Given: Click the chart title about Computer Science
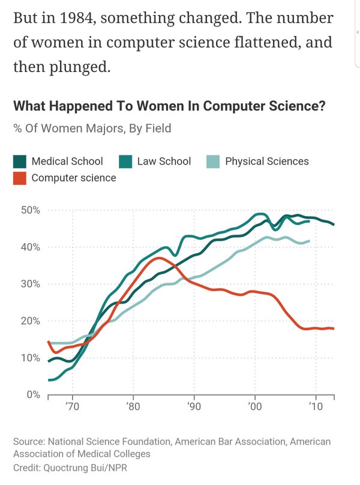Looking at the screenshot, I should (x=169, y=106).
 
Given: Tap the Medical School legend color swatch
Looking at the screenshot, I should (x=20, y=161).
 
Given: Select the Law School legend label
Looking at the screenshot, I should (x=164, y=161).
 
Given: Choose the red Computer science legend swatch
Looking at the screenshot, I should (x=20, y=178).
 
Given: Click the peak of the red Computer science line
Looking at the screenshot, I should (x=158, y=258).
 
